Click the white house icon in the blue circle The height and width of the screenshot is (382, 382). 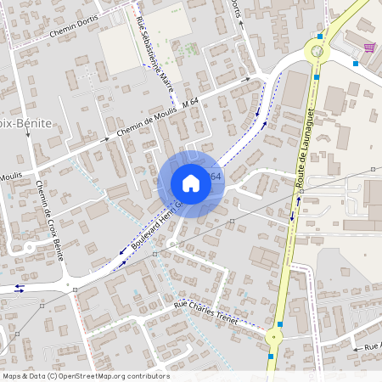point(191,183)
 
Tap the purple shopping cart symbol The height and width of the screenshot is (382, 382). point(369,48)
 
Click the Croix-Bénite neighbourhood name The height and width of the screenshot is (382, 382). point(25,122)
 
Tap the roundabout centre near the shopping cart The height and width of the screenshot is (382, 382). point(317,52)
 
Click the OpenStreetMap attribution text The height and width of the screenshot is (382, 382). point(85,376)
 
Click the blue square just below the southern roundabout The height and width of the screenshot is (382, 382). point(271,356)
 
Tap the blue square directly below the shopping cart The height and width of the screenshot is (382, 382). point(356,62)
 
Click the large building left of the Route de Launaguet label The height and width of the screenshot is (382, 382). point(268,259)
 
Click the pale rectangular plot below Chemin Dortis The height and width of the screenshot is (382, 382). point(118,51)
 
